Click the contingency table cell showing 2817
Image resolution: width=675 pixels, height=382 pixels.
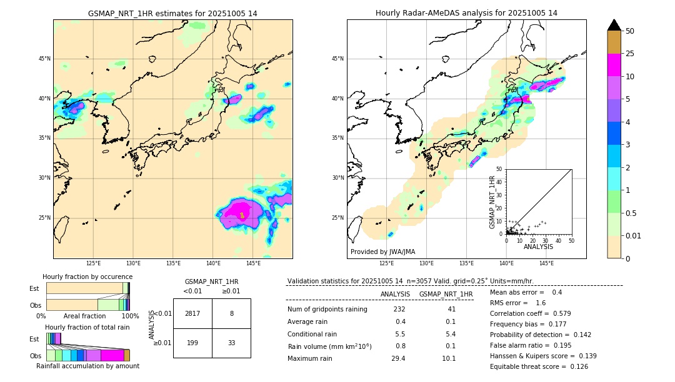click(x=192, y=313)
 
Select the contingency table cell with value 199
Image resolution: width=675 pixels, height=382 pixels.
click(x=192, y=343)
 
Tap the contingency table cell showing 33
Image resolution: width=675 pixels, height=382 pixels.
click(x=231, y=343)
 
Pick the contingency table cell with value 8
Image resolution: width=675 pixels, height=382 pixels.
click(x=231, y=313)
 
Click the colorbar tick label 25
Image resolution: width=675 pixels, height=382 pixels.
click(x=630, y=54)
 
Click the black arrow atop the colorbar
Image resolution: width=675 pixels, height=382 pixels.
click(x=614, y=25)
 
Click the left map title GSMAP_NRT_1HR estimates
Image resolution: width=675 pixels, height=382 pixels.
click(x=172, y=13)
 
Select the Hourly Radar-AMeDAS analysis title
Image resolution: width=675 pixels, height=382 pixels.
click(x=466, y=13)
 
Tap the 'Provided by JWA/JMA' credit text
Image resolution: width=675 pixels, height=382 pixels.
click(x=382, y=252)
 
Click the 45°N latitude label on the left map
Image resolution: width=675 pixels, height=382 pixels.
click(x=44, y=59)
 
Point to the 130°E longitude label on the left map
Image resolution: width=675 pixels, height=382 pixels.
click(x=133, y=264)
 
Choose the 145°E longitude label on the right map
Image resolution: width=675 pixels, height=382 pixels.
click(x=546, y=264)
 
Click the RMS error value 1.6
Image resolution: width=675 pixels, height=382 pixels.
click(x=541, y=303)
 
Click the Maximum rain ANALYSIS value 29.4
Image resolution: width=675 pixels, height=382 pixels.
click(x=398, y=358)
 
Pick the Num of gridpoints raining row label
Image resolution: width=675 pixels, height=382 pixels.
click(x=327, y=309)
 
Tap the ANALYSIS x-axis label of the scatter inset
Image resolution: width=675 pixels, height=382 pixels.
click(x=538, y=247)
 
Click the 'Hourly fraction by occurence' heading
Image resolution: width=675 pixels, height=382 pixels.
click(x=87, y=277)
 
